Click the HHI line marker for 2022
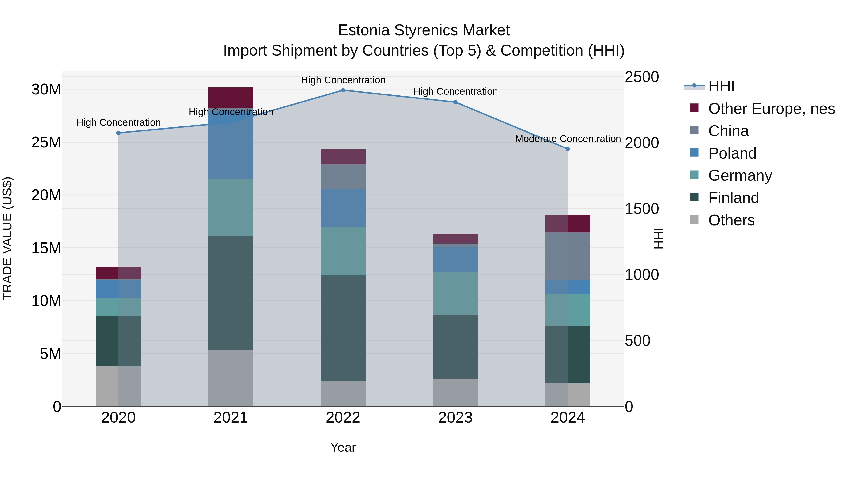click(x=343, y=90)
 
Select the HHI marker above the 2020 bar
click(x=118, y=133)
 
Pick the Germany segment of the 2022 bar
click(x=343, y=251)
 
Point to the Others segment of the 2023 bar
click(x=455, y=392)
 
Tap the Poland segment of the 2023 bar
click(x=455, y=260)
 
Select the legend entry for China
click(x=728, y=131)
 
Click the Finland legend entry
click(x=734, y=198)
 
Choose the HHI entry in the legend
click(x=721, y=86)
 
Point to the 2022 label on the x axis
click(x=343, y=418)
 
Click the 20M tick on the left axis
click(x=46, y=195)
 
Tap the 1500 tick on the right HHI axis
click(x=642, y=209)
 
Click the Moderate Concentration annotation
click(x=568, y=139)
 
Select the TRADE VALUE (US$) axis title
click(x=7, y=238)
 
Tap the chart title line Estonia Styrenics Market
click(x=424, y=30)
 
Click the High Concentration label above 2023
click(x=455, y=92)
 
